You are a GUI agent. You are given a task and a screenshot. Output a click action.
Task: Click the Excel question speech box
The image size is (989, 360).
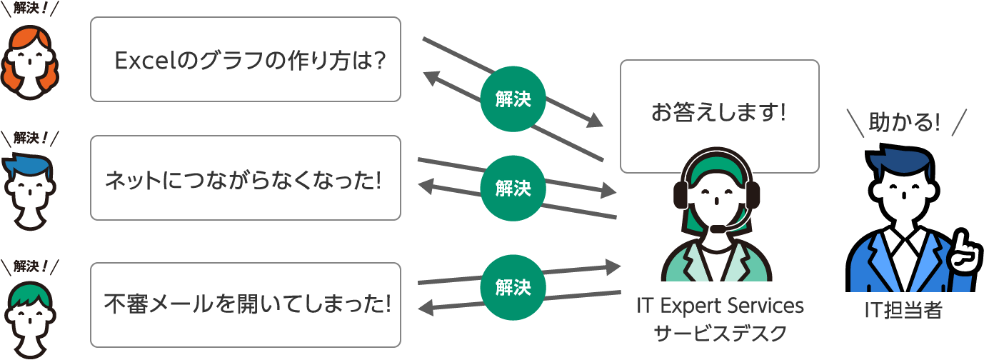[245, 59]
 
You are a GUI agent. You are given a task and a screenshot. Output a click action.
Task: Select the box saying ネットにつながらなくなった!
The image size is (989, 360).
[245, 178]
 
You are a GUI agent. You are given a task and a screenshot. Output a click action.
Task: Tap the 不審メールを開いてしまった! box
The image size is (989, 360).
[245, 305]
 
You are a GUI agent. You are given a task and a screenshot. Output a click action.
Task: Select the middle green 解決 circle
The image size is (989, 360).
[513, 189]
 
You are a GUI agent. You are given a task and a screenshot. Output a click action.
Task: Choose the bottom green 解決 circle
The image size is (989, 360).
[513, 288]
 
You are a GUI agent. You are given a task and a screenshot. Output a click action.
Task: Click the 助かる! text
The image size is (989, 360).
[904, 123]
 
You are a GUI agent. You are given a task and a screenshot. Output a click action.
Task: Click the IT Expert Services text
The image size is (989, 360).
[720, 306]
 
